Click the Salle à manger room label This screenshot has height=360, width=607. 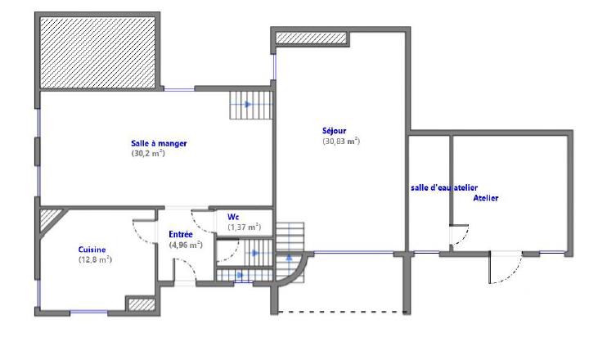tap(159, 144)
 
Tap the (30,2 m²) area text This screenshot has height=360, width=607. tap(148, 153)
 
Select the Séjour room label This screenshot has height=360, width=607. tap(335, 131)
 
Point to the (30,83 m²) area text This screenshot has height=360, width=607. tap(341, 141)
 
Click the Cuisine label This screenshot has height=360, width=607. tap(92, 250)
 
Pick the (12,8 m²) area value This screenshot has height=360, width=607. tap(95, 259)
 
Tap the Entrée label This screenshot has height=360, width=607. tap(181, 235)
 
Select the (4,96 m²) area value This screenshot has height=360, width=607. tap(185, 245)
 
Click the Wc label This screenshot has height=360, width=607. tap(233, 217)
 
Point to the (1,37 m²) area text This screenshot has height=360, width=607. tap(244, 227)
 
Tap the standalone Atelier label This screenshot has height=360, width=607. tap(486, 198)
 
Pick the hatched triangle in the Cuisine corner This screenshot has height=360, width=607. tap(50, 216)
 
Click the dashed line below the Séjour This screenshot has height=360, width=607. tap(341, 313)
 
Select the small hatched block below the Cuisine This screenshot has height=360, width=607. tap(141, 304)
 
